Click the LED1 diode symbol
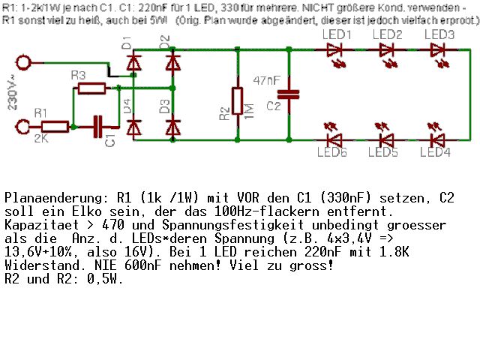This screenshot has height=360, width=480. click(x=334, y=50)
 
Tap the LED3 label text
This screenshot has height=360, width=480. click(x=439, y=35)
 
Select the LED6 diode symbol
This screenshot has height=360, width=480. click(x=334, y=139)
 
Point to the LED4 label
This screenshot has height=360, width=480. click(x=436, y=153)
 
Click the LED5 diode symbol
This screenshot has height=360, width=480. click(x=386, y=139)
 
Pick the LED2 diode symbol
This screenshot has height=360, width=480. click(x=386, y=50)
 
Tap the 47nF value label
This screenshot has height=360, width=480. click(x=268, y=79)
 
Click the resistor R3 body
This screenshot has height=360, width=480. click(x=91, y=88)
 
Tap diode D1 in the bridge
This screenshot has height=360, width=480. click(x=134, y=64)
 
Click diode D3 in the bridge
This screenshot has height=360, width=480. click(x=173, y=125)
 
